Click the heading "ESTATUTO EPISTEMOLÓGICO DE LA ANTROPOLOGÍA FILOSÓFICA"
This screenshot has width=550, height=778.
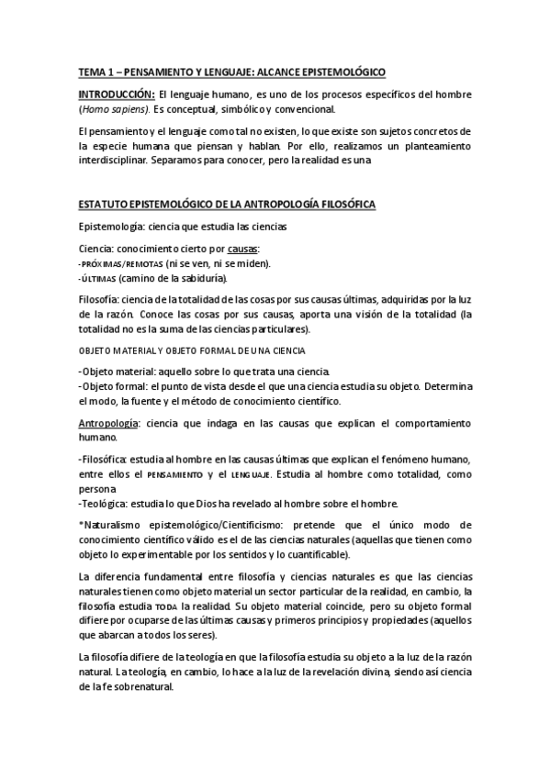click(226, 203)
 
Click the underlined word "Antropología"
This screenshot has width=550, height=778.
click(109, 423)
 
